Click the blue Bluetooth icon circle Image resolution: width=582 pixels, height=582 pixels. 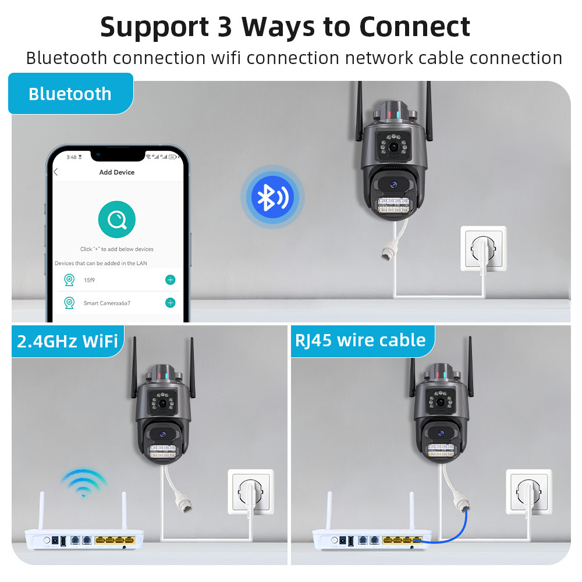272,197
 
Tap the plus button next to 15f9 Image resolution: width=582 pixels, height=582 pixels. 170,280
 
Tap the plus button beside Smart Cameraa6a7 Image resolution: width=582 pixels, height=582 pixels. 170,303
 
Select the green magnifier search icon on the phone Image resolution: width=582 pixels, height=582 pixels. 117,219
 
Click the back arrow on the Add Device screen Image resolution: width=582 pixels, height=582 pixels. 56,172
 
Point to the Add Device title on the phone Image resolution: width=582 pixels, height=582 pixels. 116,172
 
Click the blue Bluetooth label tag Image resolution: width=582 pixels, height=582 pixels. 70,94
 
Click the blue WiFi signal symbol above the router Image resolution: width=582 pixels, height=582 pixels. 84,482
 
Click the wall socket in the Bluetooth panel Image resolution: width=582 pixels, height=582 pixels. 483,249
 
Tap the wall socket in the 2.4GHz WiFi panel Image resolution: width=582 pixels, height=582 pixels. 250,492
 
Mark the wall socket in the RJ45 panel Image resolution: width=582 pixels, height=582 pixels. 529,492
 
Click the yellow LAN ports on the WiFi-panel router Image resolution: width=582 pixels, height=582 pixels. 114,541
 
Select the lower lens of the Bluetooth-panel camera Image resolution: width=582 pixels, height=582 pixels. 393,184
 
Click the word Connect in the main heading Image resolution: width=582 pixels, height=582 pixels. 414,27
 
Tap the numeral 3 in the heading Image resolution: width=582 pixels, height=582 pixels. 225,27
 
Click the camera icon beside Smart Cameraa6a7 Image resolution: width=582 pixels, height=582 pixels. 69,303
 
